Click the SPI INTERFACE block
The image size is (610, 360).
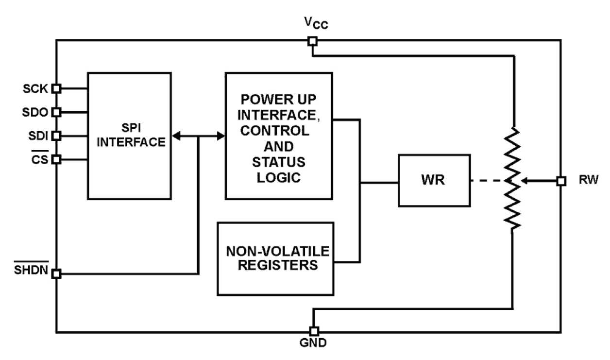click(x=129, y=136)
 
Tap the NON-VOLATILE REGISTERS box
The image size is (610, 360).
click(x=276, y=258)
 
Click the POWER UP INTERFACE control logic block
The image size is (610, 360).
click(x=279, y=136)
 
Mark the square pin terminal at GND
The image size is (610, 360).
click(x=314, y=331)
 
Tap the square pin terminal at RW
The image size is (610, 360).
click(x=561, y=181)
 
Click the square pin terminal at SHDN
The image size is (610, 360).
click(x=56, y=274)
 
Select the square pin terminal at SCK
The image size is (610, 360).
click(x=56, y=88)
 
